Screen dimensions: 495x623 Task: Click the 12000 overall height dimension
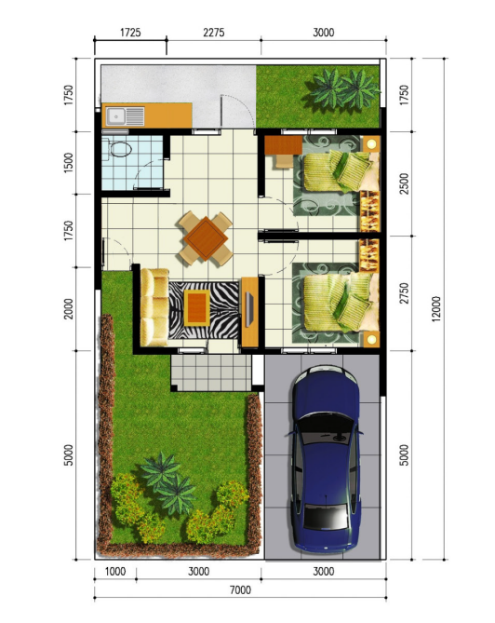tap(436, 308)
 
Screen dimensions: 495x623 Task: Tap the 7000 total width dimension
tap(240, 590)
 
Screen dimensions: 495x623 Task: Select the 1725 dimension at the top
tap(130, 32)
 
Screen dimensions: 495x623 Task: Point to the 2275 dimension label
tap(214, 32)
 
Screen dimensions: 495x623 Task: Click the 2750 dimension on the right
tap(404, 293)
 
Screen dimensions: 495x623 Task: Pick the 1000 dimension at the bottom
tap(115, 572)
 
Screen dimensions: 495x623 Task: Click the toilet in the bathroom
tap(118, 149)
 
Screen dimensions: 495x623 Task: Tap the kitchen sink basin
tap(116, 116)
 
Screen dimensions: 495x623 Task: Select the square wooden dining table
tap(206, 238)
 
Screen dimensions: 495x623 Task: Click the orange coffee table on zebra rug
tap(197, 307)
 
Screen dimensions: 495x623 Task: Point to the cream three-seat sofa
tap(154, 306)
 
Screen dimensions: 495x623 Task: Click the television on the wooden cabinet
tap(249, 309)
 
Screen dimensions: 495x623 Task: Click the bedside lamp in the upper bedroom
tap(371, 144)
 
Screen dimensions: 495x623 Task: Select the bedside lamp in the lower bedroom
tap(371, 339)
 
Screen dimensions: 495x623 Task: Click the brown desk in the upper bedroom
tap(284, 145)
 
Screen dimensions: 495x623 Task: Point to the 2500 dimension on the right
tap(404, 183)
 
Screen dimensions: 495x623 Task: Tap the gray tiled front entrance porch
tap(211, 373)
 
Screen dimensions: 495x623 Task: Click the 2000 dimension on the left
tap(69, 309)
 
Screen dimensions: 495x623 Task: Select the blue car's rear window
tap(326, 516)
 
